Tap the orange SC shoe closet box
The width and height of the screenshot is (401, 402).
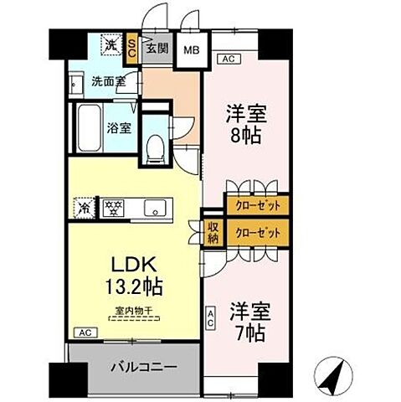click(133, 48)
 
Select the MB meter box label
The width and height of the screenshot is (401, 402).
click(192, 49)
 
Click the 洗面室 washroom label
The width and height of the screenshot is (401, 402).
click(108, 83)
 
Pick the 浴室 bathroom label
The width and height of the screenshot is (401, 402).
click(119, 129)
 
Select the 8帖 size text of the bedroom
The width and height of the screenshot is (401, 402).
click(244, 134)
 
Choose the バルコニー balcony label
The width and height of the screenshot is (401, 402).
click(136, 366)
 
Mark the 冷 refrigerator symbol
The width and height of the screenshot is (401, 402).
click(85, 204)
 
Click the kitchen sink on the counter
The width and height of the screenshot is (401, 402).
click(156, 208)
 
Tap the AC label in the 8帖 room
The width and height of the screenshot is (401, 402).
click(226, 59)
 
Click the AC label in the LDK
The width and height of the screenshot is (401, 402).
click(83, 332)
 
